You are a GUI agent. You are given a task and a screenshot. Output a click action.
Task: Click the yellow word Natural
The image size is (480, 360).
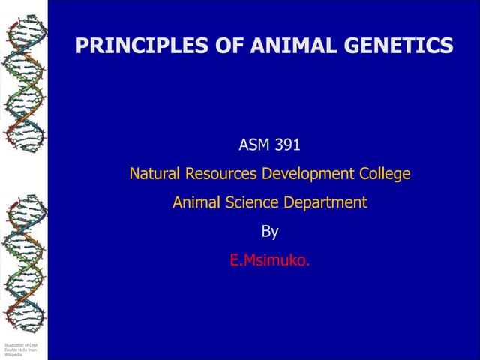tap(155, 174)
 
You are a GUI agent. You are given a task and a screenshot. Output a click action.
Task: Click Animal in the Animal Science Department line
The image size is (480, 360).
tap(195, 202)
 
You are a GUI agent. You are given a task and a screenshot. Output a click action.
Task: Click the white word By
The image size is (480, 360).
tap(270, 232)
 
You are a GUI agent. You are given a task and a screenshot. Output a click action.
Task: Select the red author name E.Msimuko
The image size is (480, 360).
tap(269, 261)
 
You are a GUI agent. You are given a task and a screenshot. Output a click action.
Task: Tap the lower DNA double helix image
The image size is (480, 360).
tap(23, 255)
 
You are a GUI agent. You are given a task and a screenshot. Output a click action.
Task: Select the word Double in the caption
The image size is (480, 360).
tap(10, 349)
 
